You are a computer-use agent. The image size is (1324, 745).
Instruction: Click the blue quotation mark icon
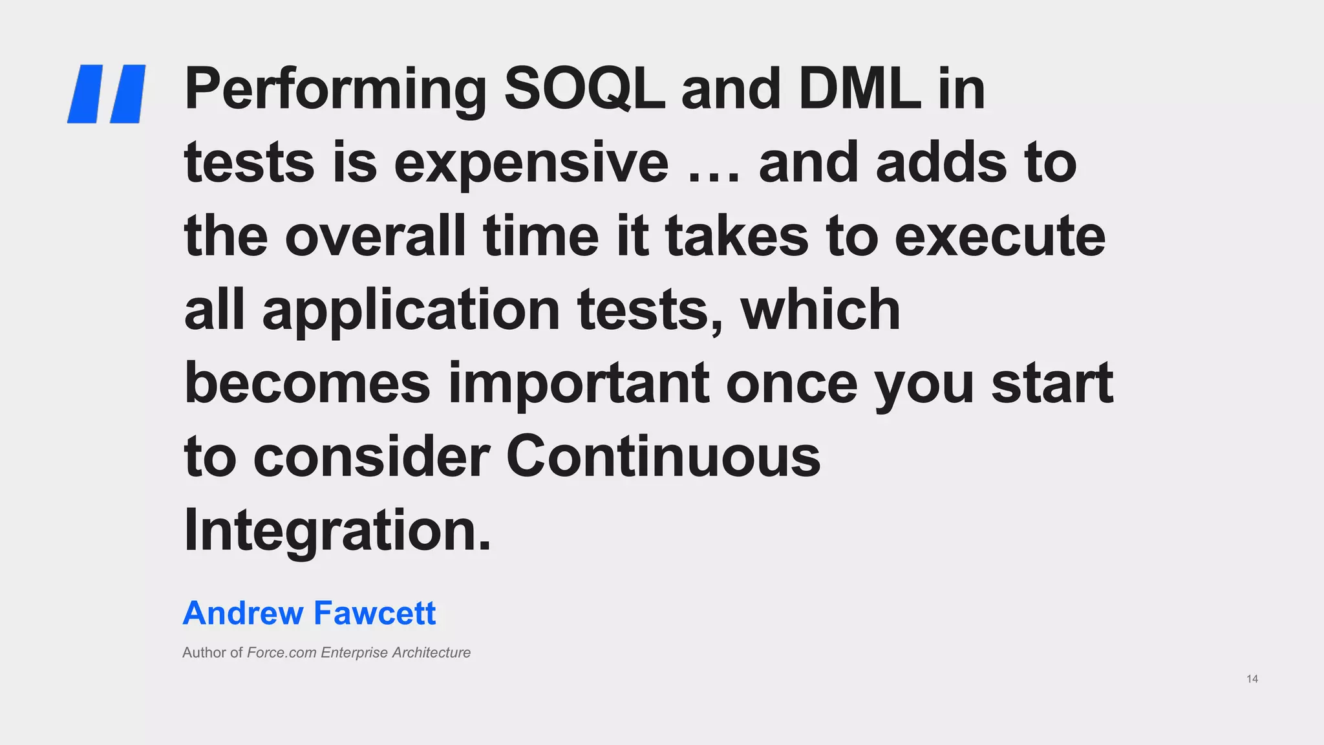pos(107,94)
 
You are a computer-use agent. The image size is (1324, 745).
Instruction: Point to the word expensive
pos(531,163)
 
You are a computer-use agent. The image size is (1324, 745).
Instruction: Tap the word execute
pos(999,237)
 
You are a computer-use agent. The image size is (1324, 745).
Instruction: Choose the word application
pos(411,310)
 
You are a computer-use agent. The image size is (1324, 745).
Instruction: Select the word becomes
pos(307,383)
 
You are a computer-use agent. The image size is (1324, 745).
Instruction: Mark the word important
pos(579,384)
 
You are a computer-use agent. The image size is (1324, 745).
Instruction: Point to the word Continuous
pos(663,457)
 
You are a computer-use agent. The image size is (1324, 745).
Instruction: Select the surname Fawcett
pos(375,613)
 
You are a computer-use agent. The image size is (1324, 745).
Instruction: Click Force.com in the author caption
pos(281,653)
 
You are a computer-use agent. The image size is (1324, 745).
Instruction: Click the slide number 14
pos(1252,679)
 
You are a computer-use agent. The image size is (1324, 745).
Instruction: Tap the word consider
pos(371,457)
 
